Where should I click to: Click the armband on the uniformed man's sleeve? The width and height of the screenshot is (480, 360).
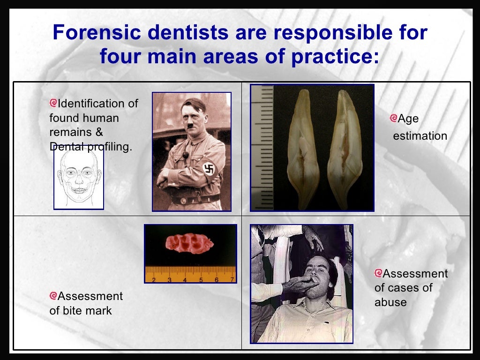(209, 169)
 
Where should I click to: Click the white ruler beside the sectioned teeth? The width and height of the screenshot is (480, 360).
(262, 148)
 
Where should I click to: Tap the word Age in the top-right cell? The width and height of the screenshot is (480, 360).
(408, 119)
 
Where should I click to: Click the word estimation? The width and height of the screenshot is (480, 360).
(420, 136)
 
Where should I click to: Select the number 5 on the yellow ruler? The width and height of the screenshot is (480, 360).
(201, 280)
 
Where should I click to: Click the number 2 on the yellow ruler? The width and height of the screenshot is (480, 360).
(153, 280)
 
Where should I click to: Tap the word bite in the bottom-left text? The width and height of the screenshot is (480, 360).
(71, 311)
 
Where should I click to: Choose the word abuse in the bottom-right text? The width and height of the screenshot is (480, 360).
(390, 302)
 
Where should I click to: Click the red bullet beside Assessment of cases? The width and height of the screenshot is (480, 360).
(379, 273)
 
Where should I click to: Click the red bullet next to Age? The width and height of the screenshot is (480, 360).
(393, 119)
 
